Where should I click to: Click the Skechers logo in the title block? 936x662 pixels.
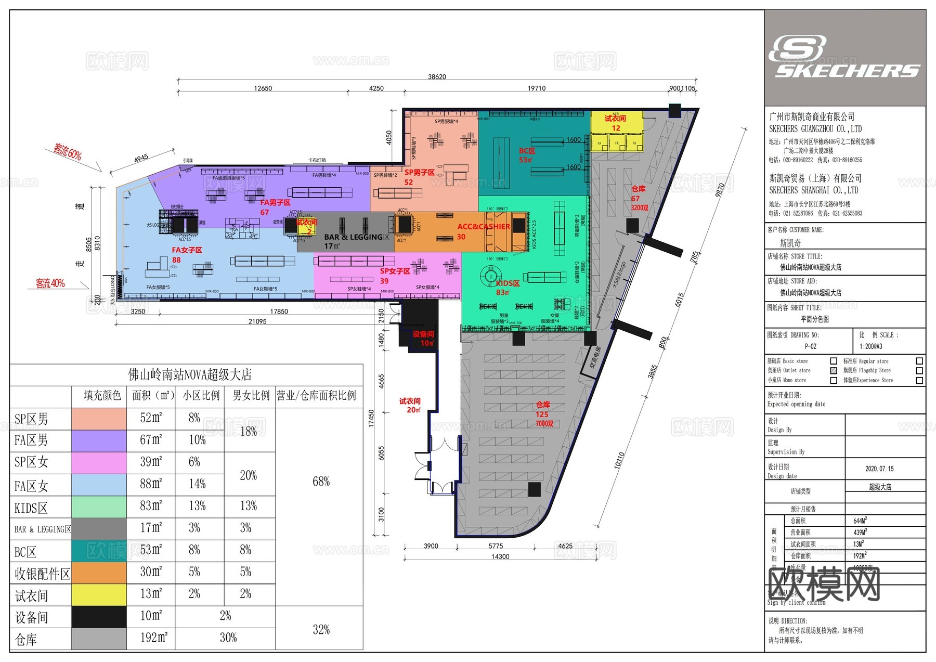click(x=844, y=57)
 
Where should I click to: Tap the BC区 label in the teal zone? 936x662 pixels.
click(x=527, y=155)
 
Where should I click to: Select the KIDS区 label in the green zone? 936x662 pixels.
click(x=507, y=287)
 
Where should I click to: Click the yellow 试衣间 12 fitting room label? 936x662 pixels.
click(x=616, y=123)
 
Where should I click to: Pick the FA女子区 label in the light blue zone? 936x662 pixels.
click(x=187, y=254)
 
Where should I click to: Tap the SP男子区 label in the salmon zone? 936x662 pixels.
click(x=419, y=177)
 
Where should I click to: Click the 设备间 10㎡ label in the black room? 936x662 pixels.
click(x=423, y=339)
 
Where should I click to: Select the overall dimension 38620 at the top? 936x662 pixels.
click(x=437, y=77)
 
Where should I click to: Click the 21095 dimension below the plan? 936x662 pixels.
click(x=257, y=322)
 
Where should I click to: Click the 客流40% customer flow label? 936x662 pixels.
click(x=50, y=283)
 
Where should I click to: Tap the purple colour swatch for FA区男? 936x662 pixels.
click(x=99, y=440)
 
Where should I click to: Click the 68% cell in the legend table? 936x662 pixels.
click(x=321, y=482)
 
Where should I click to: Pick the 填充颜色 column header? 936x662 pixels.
click(x=102, y=396)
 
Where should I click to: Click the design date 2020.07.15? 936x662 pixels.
click(x=879, y=469)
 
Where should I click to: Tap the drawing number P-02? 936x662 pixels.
click(x=810, y=346)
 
